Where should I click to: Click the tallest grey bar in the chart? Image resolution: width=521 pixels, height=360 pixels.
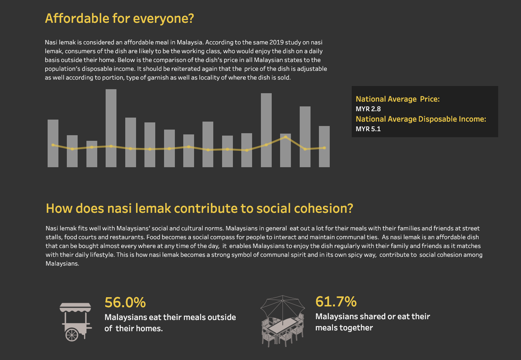tap(111, 128)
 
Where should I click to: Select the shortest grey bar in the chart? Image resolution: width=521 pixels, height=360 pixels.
tap(92, 154)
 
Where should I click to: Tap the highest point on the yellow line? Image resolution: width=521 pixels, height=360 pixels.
tap(285, 137)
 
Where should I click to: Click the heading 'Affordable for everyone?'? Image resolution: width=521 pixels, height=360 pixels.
tap(119, 18)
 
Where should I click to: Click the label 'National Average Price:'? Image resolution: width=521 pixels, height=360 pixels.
tap(397, 99)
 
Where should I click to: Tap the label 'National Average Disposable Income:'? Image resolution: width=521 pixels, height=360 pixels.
tap(421, 119)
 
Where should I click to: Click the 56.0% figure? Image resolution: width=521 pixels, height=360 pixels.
tap(125, 302)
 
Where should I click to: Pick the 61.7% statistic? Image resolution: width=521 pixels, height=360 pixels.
tap(336, 301)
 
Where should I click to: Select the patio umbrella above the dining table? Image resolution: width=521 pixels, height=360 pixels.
tap(283, 306)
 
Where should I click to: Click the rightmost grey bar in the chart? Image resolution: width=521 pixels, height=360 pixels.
tap(324, 146)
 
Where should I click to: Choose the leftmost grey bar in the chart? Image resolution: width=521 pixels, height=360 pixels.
tap(53, 143)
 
